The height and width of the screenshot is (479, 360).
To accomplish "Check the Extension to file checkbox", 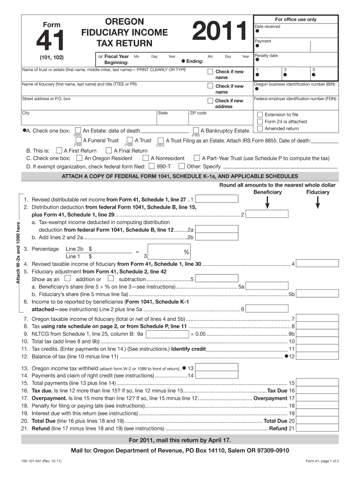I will pyautogui.click(x=260, y=115).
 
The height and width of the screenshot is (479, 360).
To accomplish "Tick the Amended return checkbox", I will pyautogui.click(x=260, y=129).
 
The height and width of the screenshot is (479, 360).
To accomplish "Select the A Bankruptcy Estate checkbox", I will pyautogui.click(x=196, y=131).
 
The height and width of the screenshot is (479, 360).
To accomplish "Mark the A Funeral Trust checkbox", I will pyautogui.click(x=78, y=140).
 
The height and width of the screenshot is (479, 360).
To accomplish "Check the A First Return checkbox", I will pyautogui.click(x=59, y=151).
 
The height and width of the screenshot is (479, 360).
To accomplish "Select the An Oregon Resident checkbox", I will pyautogui.click(x=80, y=158).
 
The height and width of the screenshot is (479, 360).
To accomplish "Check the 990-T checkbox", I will pyautogui.click(x=151, y=166).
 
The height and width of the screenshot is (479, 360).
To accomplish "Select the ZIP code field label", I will pyautogui.click(x=198, y=113).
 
